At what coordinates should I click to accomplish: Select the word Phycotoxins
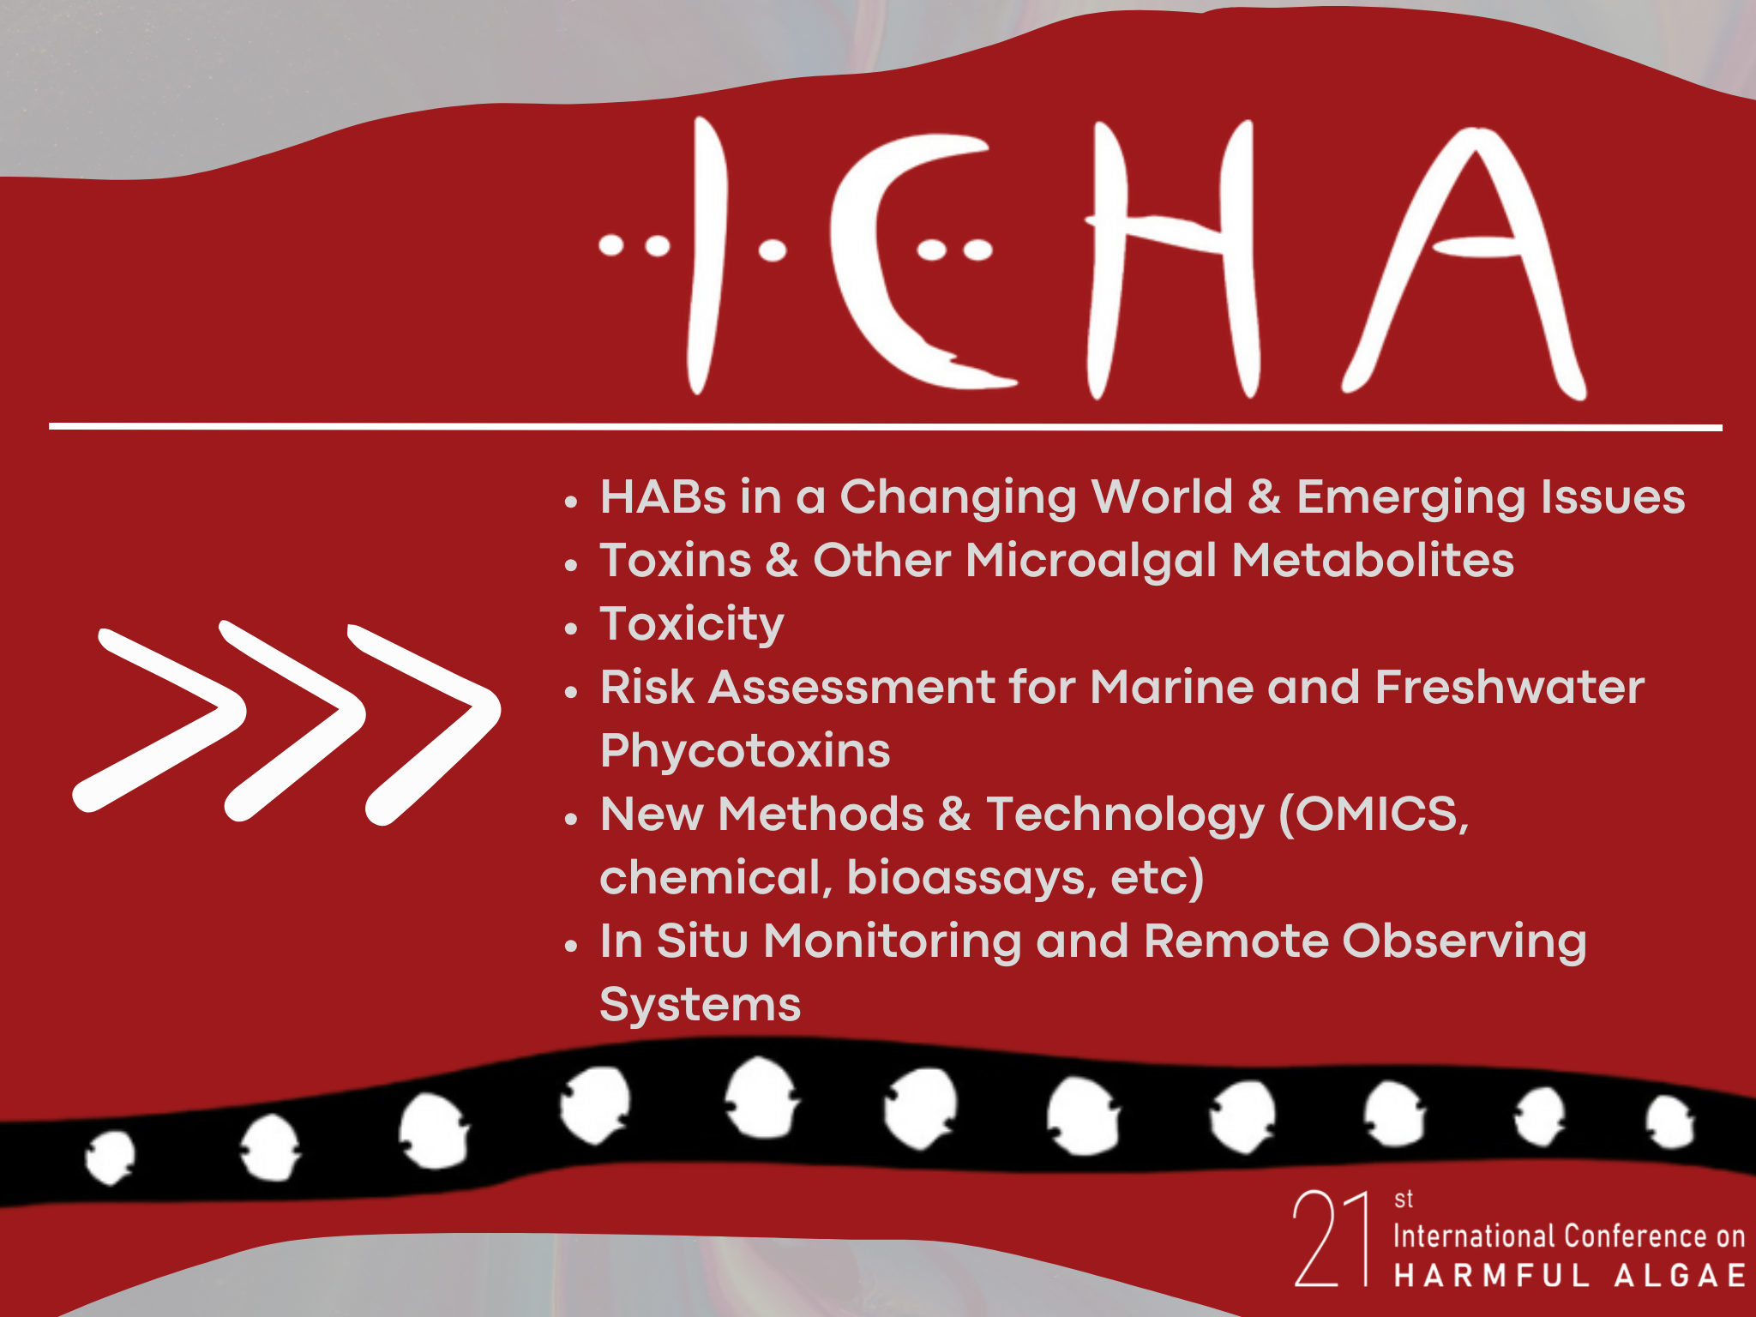pyautogui.click(x=745, y=752)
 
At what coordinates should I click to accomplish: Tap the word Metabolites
pyautogui.click(x=1373, y=561)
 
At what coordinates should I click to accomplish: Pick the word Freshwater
pyautogui.click(x=1510, y=688)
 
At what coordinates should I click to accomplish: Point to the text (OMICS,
pyautogui.click(x=1374, y=815)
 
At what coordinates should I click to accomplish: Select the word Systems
pyautogui.click(x=701, y=1005)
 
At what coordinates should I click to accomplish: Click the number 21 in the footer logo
pyautogui.click(x=1331, y=1237)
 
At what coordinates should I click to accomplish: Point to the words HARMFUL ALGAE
pyautogui.click(x=1569, y=1275)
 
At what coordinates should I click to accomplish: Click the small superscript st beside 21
pyautogui.click(x=1404, y=1199)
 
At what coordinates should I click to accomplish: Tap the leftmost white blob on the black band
pyautogui.click(x=111, y=1157)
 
